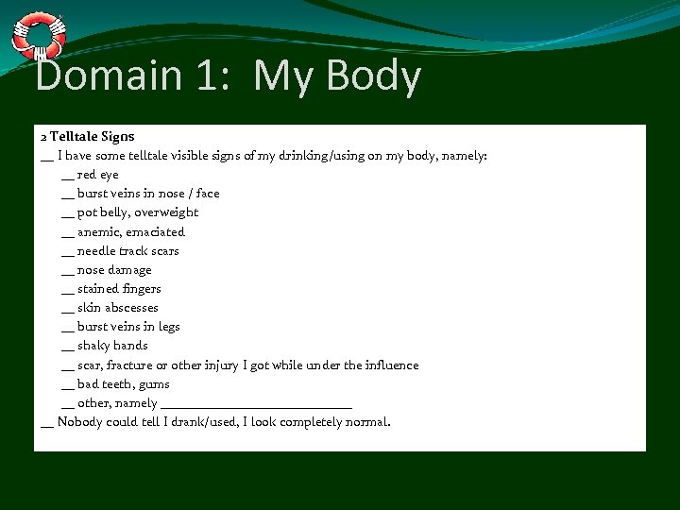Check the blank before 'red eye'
[x=66, y=177]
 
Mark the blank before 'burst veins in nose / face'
[x=66, y=195]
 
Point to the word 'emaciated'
[x=159, y=231]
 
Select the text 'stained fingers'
[x=119, y=289]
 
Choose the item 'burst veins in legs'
[x=128, y=327]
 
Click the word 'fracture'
[x=131, y=365]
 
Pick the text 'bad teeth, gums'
[x=123, y=384]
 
